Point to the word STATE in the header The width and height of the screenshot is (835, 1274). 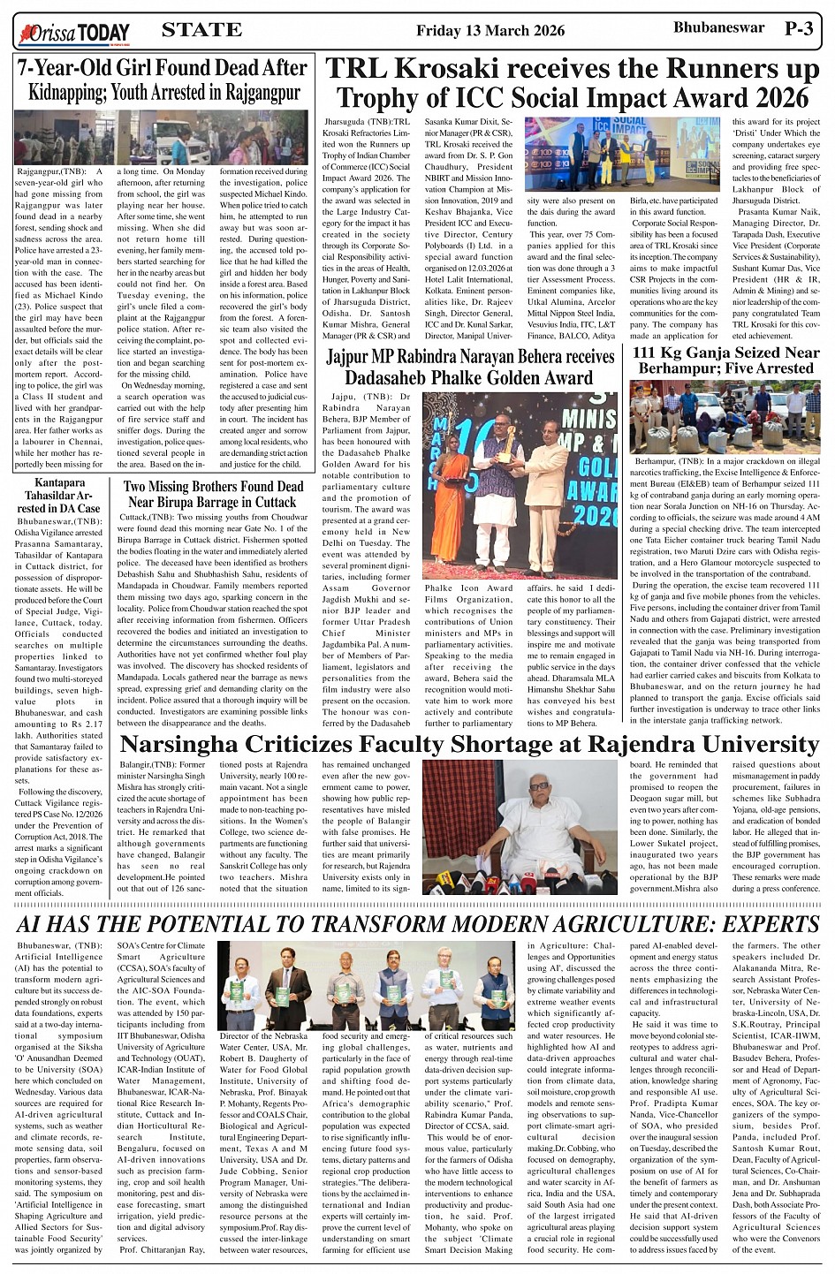click(201, 30)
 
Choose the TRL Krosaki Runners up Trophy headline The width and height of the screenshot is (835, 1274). click(573, 83)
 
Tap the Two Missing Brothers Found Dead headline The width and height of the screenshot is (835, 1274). click(213, 494)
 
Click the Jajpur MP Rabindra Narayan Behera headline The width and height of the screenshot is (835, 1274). click(469, 367)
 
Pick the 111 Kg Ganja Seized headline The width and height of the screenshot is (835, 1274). click(725, 360)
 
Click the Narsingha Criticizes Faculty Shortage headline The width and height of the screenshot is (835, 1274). click(469, 745)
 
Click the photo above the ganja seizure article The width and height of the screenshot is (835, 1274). click(725, 416)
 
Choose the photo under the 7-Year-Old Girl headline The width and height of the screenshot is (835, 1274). click(162, 137)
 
